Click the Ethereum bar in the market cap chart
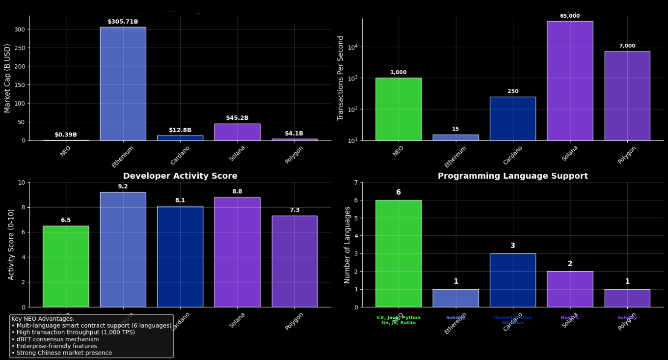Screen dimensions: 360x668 click(123, 83)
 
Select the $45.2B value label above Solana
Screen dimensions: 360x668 click(237, 118)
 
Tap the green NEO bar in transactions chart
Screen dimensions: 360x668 click(398, 109)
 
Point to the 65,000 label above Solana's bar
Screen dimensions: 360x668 click(569, 16)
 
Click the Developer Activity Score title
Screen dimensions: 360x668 click(180, 176)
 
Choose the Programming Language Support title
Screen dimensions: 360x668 click(512, 176)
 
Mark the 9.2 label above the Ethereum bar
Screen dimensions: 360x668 click(123, 187)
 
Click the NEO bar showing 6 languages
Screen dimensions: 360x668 click(398, 253)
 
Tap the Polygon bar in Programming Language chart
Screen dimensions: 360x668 click(627, 298)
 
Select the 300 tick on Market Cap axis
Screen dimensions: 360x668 click(20, 29)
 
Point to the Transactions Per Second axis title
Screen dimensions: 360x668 click(341, 78)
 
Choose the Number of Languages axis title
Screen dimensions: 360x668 click(347, 245)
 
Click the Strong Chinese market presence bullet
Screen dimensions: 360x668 click(61, 353)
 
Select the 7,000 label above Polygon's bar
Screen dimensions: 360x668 click(627, 46)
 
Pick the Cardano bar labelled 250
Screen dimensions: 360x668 click(512, 118)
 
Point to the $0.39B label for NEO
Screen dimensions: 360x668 click(66, 135)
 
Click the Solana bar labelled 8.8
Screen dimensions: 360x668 click(237, 252)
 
